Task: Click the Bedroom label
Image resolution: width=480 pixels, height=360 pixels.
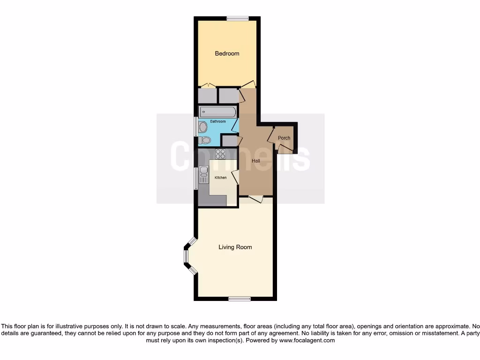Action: (x=227, y=53)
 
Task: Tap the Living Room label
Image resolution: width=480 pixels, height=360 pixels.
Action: (x=235, y=247)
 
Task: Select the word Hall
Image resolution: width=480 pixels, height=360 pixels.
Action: (x=256, y=161)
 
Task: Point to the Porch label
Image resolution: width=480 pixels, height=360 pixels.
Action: (x=284, y=138)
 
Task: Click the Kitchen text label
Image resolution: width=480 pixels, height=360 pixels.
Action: (x=220, y=178)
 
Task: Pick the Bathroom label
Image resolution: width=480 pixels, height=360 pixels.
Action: (x=217, y=121)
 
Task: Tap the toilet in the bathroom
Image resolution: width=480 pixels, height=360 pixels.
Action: (x=205, y=140)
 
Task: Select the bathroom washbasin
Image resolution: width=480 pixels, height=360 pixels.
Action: (x=203, y=127)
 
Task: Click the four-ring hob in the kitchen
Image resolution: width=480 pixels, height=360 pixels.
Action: (x=220, y=154)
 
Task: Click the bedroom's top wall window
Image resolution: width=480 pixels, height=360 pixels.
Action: (x=238, y=19)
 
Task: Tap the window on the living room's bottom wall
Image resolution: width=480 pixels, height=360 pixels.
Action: (x=239, y=299)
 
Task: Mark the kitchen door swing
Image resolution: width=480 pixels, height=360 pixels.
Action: (x=235, y=176)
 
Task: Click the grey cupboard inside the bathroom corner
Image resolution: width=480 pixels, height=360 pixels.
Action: (x=229, y=141)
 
